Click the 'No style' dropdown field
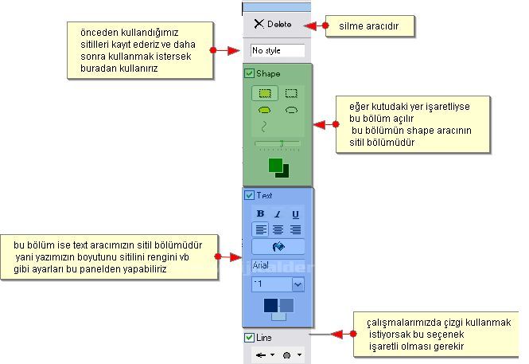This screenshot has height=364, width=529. (278, 50)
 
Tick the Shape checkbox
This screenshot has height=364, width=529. (250, 73)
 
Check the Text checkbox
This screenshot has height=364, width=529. (250, 195)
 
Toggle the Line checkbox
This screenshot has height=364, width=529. (250, 337)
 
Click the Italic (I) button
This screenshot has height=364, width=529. (278, 214)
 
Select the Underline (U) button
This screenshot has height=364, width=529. (295, 214)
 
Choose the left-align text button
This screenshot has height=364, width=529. (260, 229)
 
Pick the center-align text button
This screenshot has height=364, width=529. (278, 229)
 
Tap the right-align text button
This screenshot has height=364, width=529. (295, 229)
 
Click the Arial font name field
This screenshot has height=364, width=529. (278, 264)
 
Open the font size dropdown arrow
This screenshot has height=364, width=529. (298, 284)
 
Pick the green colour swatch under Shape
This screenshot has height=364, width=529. (275, 165)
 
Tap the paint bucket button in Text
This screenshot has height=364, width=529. (278, 246)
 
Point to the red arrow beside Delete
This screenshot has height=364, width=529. (315, 26)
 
